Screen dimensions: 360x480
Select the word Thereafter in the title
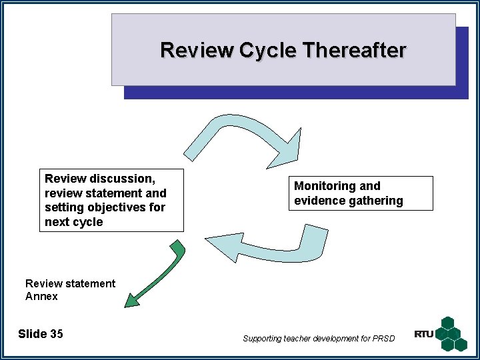[x=354, y=51]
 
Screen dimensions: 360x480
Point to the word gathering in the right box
[x=374, y=201]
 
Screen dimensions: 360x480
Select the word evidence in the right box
[x=317, y=201]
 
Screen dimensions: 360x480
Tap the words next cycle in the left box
[x=74, y=222]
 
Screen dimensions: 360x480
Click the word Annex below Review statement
[x=41, y=297]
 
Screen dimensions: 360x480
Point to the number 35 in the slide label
[x=57, y=334]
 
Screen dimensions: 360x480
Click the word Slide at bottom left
[x=32, y=334]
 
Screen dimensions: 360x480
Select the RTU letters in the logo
[x=423, y=334]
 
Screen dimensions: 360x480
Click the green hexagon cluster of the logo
[x=453, y=333]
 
